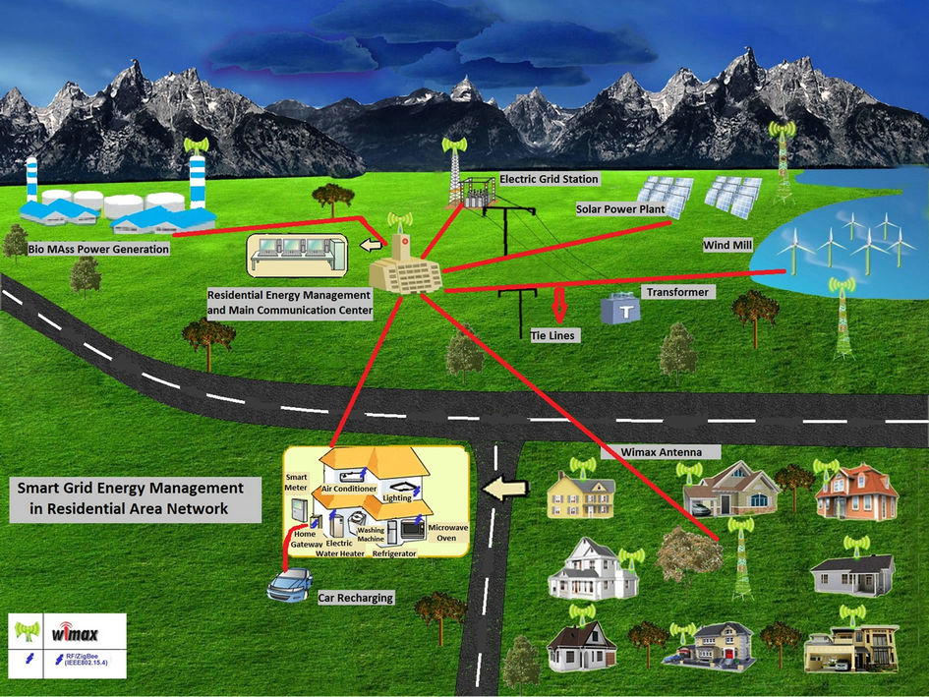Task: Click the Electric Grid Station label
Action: [549, 179]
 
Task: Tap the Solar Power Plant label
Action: [620, 209]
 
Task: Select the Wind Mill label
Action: [727, 245]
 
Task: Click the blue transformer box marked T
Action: [620, 309]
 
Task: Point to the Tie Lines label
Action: [552, 335]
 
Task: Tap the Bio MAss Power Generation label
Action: [98, 249]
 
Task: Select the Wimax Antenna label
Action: [661, 452]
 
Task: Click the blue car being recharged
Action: [290, 585]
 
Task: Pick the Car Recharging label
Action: [356, 598]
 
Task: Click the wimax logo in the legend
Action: [75, 633]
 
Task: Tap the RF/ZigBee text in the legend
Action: [86, 660]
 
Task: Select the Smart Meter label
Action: [296, 483]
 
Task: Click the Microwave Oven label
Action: [447, 532]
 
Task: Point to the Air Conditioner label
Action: [349, 489]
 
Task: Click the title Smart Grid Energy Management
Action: [131, 488]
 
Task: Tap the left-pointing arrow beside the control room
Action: [372, 245]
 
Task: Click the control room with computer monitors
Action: [297, 256]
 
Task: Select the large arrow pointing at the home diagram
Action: [504, 489]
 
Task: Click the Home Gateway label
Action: [307, 539]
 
